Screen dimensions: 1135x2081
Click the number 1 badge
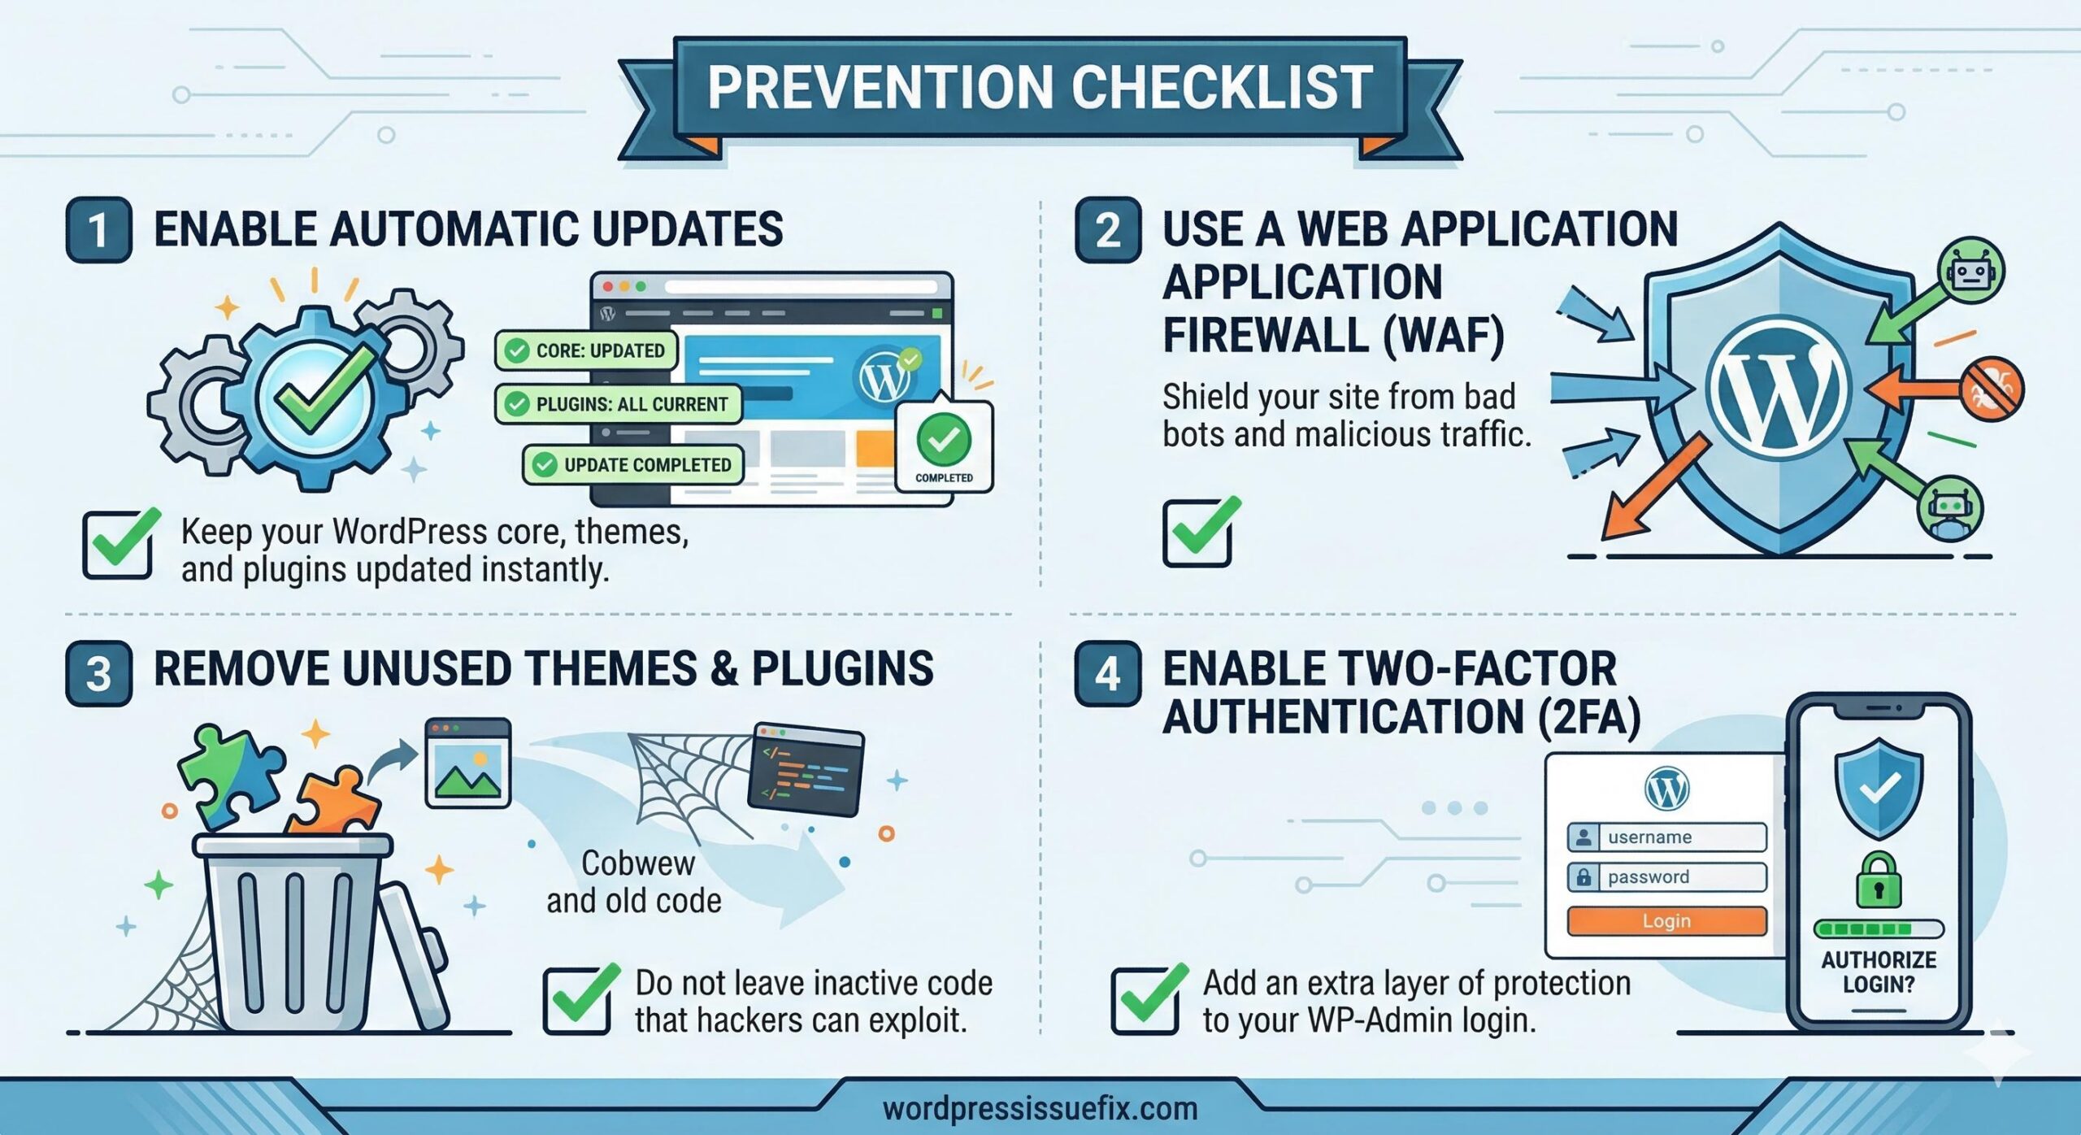click(98, 229)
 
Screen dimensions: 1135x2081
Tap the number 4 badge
click(1107, 674)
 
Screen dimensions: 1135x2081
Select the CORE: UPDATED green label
click(585, 350)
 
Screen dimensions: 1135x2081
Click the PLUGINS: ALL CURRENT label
click(618, 404)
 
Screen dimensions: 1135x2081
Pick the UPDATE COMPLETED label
click(632, 465)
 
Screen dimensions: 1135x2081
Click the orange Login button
click(1666, 921)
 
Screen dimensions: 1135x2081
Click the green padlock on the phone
click(1879, 881)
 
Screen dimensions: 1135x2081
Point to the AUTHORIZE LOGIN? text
click(1879, 972)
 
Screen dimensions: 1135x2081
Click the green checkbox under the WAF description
click(1198, 533)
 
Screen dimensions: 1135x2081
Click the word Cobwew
click(638, 863)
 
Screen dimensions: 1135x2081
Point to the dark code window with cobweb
click(805, 768)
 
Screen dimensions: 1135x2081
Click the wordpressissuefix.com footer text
click(1040, 1109)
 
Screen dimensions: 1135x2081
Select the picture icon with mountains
click(468, 763)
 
